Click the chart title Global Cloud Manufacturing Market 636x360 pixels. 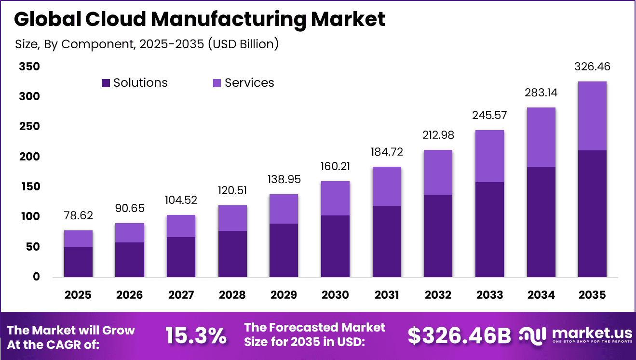point(200,19)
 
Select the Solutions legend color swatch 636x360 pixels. point(106,83)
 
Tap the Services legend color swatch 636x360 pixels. point(217,83)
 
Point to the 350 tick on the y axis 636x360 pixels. point(29,67)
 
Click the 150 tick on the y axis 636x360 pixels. point(29,187)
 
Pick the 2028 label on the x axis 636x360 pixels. point(232,294)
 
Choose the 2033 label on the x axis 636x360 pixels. point(489,294)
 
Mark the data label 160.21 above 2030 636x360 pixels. point(335,166)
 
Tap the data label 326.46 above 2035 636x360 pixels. point(592,67)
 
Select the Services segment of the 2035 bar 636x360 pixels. point(592,116)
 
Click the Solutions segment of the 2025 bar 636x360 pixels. point(78,262)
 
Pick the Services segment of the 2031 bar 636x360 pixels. point(387,186)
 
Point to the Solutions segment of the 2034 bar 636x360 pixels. point(541,222)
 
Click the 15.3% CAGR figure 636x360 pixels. point(196,336)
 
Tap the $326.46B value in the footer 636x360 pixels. point(459,336)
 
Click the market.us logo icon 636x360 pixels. point(532,334)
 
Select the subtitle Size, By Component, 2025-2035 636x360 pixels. point(147,44)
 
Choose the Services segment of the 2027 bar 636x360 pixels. point(181,226)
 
